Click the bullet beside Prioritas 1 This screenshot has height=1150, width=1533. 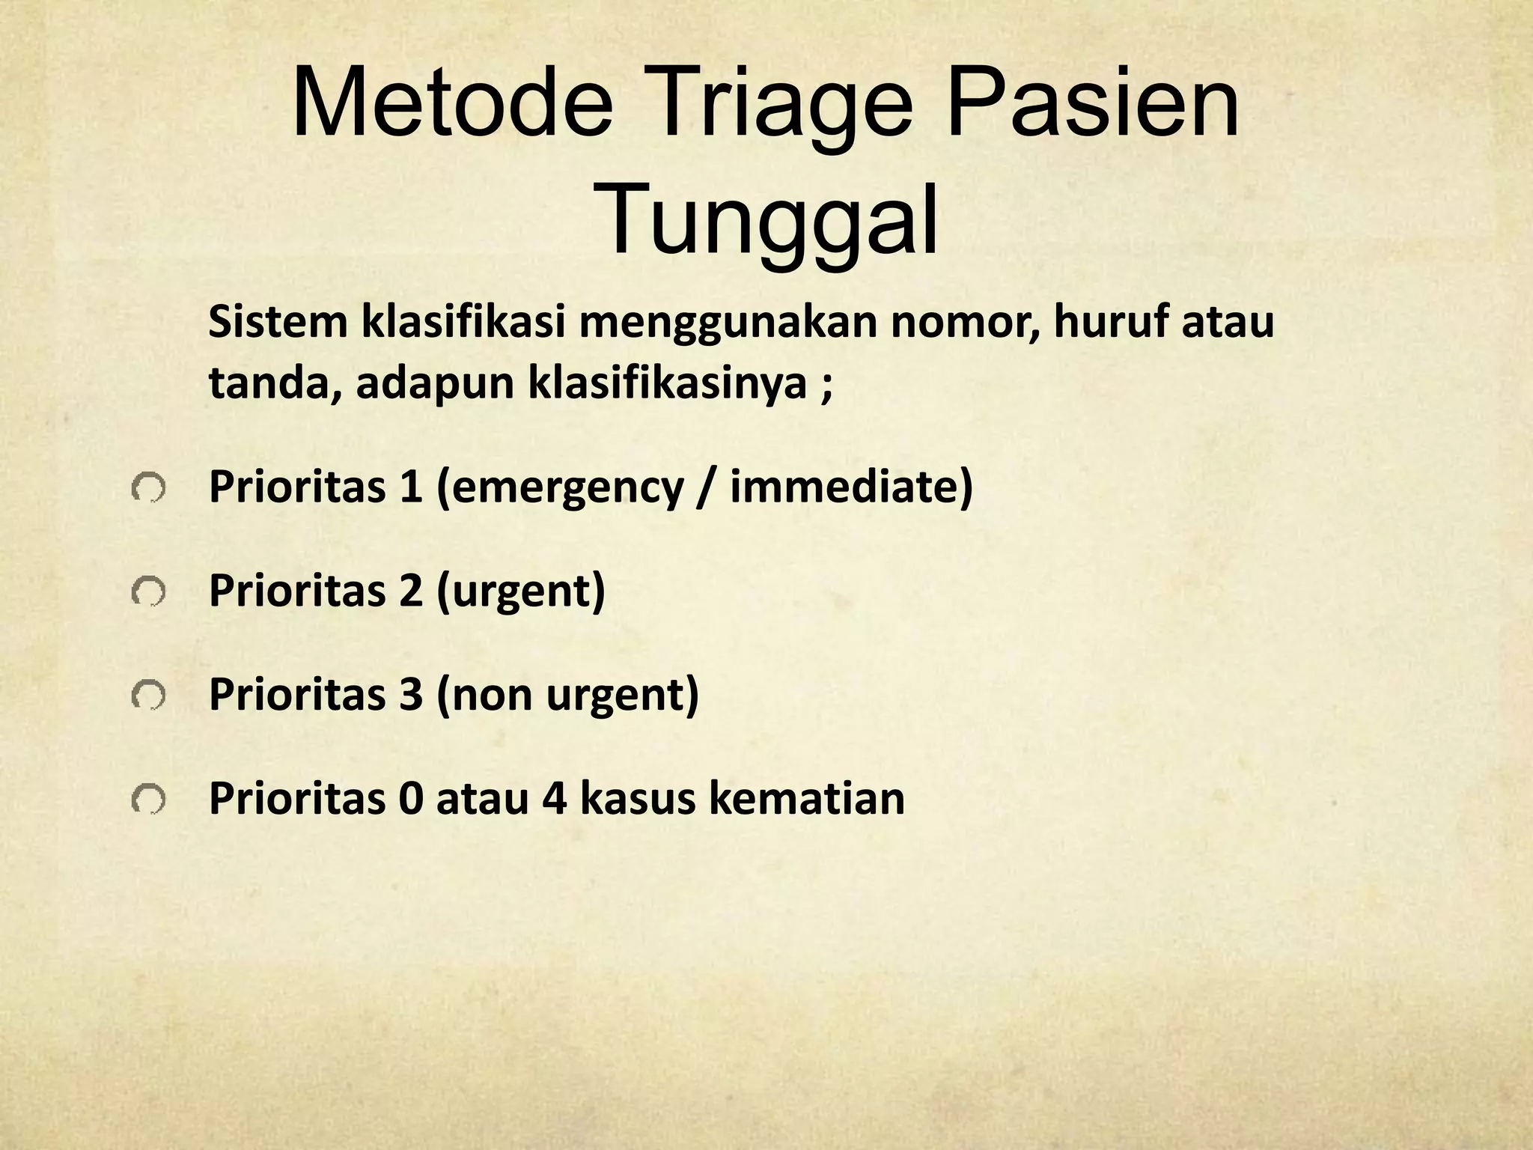coord(147,490)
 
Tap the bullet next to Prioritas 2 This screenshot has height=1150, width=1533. coord(147,594)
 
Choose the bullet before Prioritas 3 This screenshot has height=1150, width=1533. coord(147,697)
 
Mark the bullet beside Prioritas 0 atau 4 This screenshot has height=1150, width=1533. coord(147,800)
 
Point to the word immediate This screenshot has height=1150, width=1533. coord(844,487)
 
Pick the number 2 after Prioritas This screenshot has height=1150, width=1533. coord(410,591)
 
